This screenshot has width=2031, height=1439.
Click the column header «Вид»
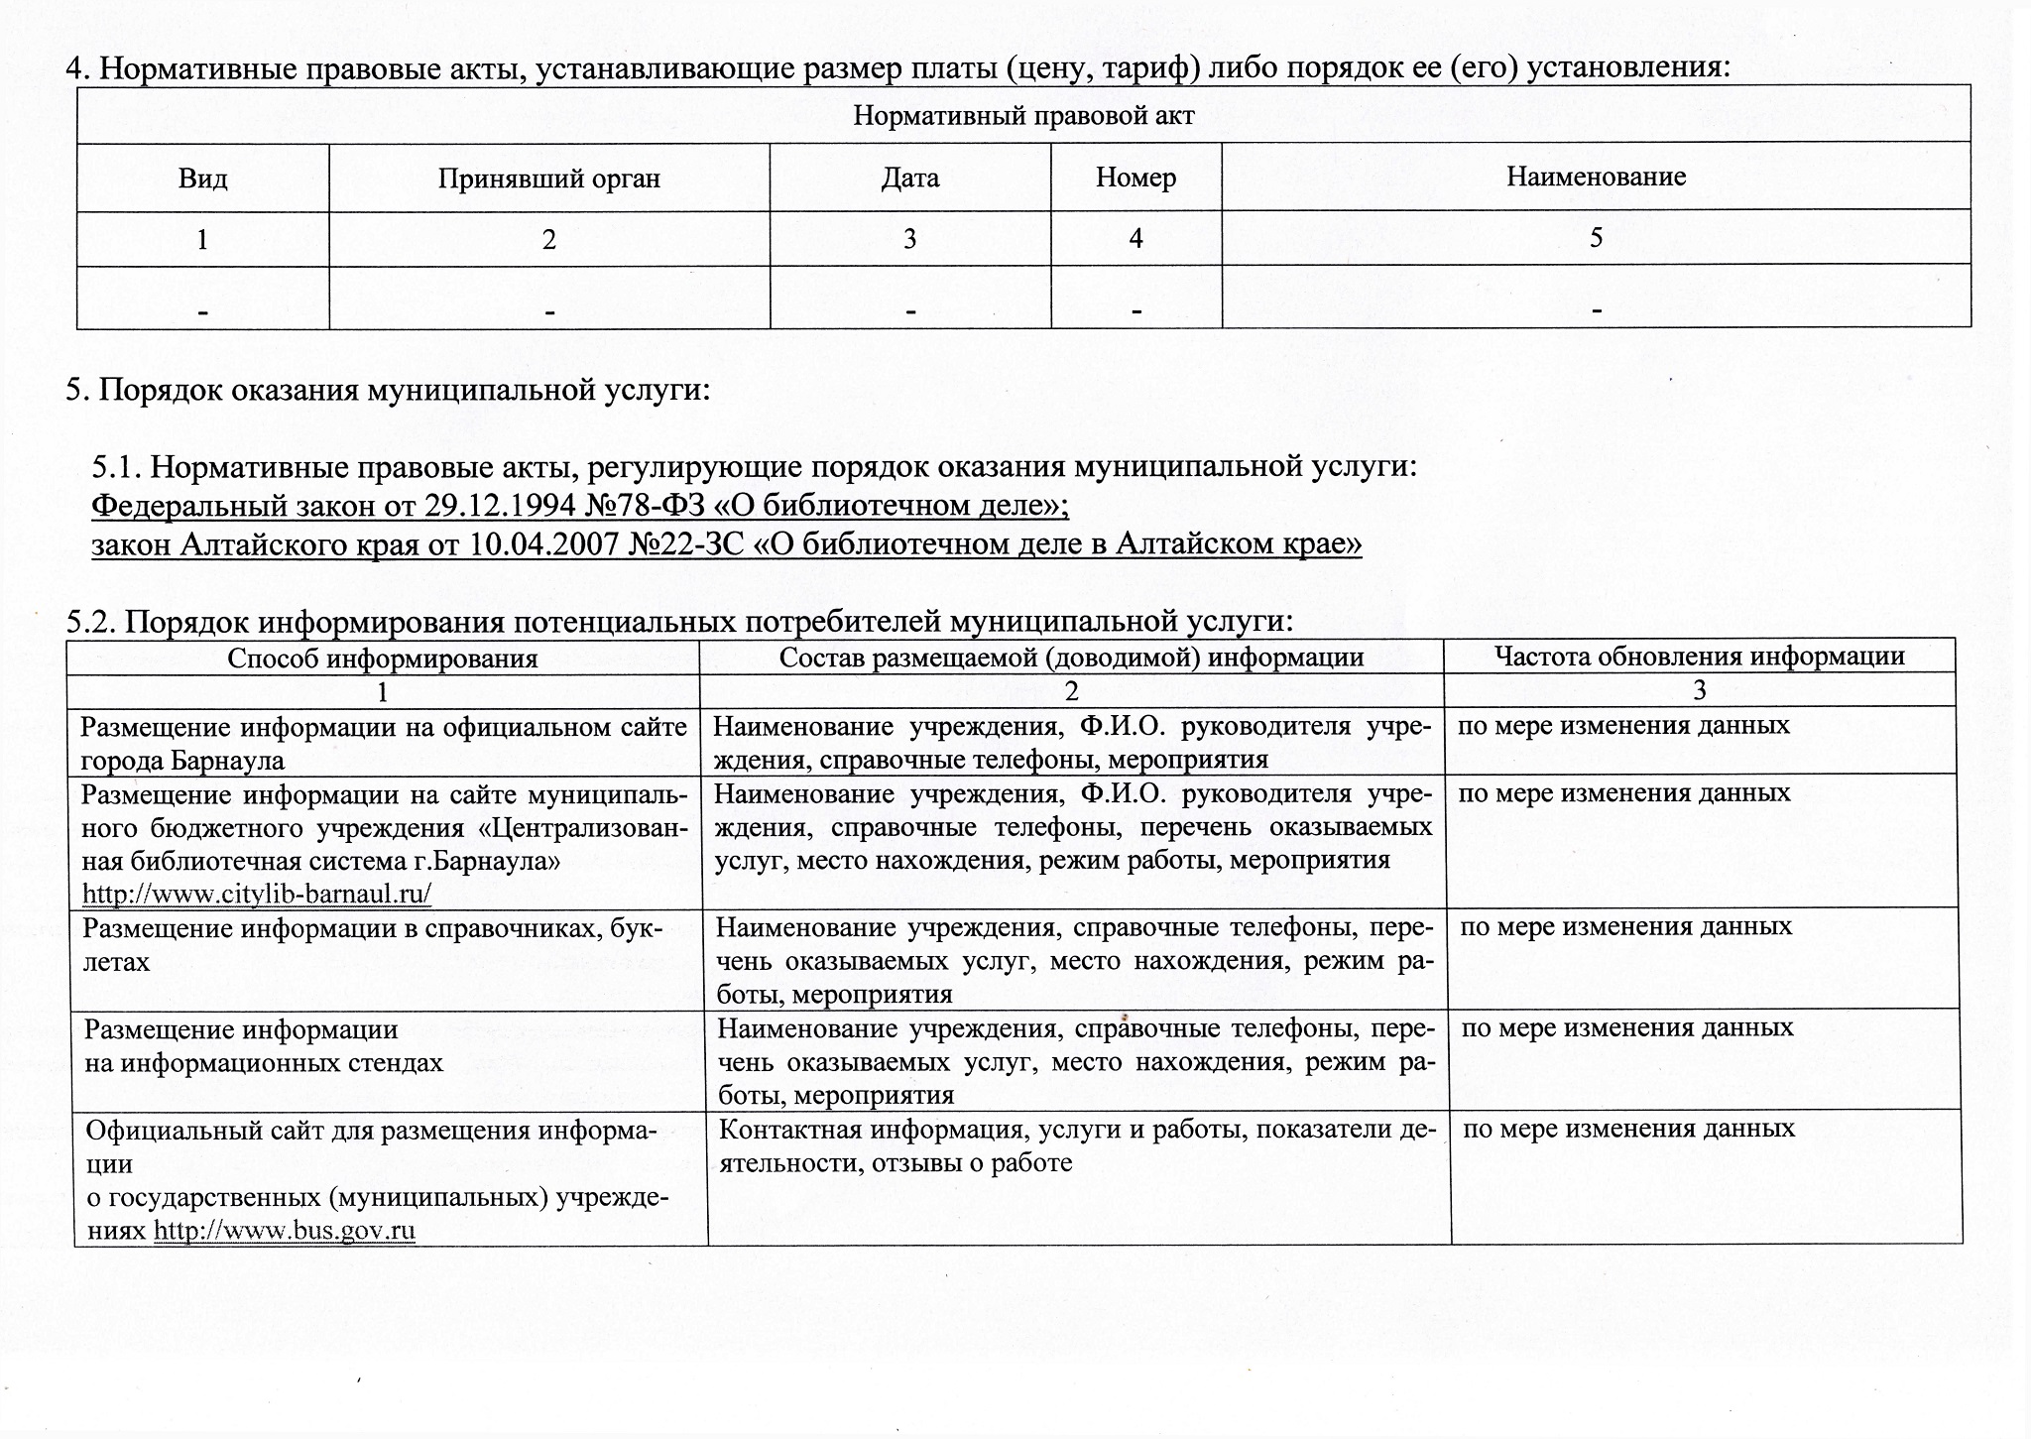[202, 179]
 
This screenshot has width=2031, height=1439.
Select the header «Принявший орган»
[548, 179]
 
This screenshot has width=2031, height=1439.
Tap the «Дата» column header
[909, 178]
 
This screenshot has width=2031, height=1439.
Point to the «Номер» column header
[1135, 178]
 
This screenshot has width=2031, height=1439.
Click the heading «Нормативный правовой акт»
[1023, 116]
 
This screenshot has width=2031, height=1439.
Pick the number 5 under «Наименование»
[1596, 238]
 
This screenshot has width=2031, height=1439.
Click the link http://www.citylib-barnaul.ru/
[257, 894]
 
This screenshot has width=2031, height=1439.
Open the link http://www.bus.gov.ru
[285, 1231]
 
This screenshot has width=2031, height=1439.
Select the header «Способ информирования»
[383, 659]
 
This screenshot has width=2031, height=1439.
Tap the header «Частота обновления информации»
[1699, 656]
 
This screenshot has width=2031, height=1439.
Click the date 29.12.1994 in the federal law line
[500, 506]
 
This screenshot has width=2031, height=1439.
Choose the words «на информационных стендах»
[264, 1062]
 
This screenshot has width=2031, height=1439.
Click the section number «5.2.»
[91, 622]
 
